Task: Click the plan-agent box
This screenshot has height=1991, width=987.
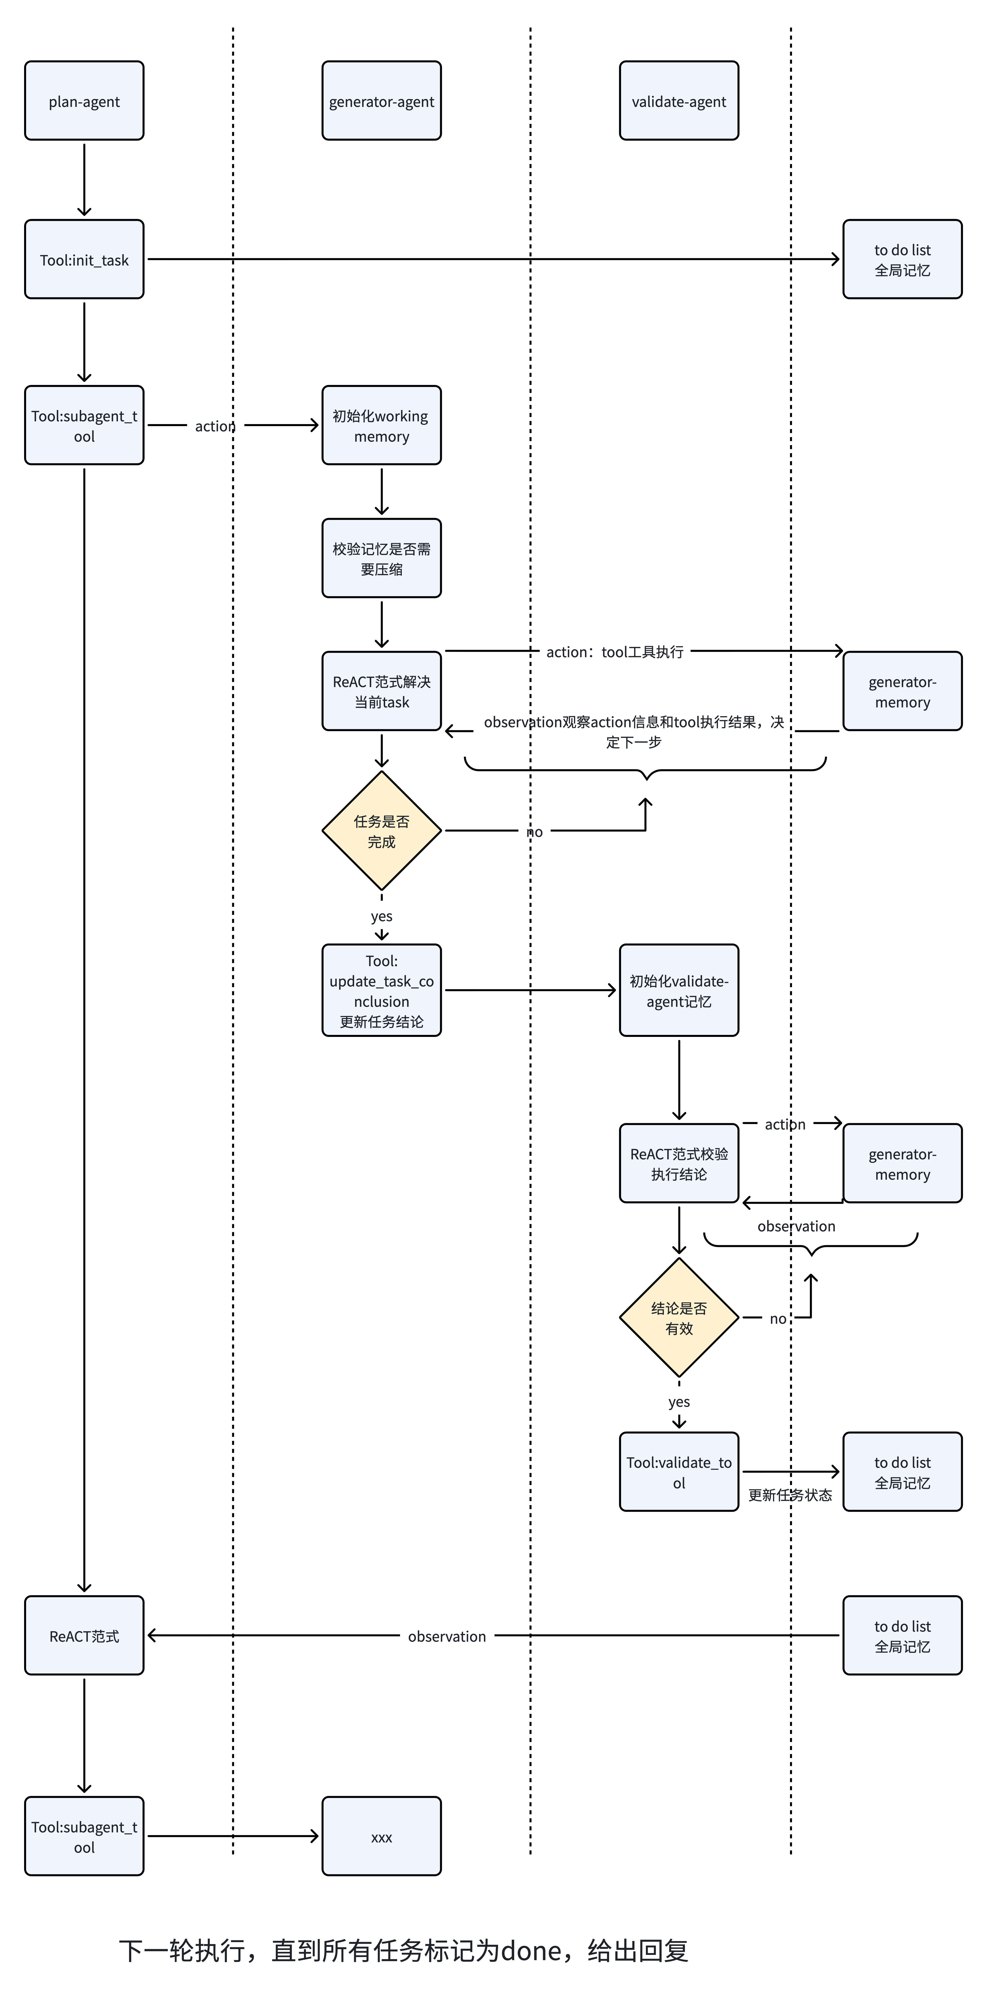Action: coord(84,101)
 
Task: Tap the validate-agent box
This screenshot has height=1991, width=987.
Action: coord(679,101)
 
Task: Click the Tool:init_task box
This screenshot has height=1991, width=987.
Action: coord(84,260)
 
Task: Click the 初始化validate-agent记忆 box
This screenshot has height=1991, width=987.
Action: coord(679,991)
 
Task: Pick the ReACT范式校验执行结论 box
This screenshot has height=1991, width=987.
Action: coord(679,1164)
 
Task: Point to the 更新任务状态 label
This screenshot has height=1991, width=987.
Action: coord(790,1496)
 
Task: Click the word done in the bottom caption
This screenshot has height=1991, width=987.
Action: coord(531,1951)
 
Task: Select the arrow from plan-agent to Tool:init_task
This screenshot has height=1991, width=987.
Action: coord(84,179)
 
